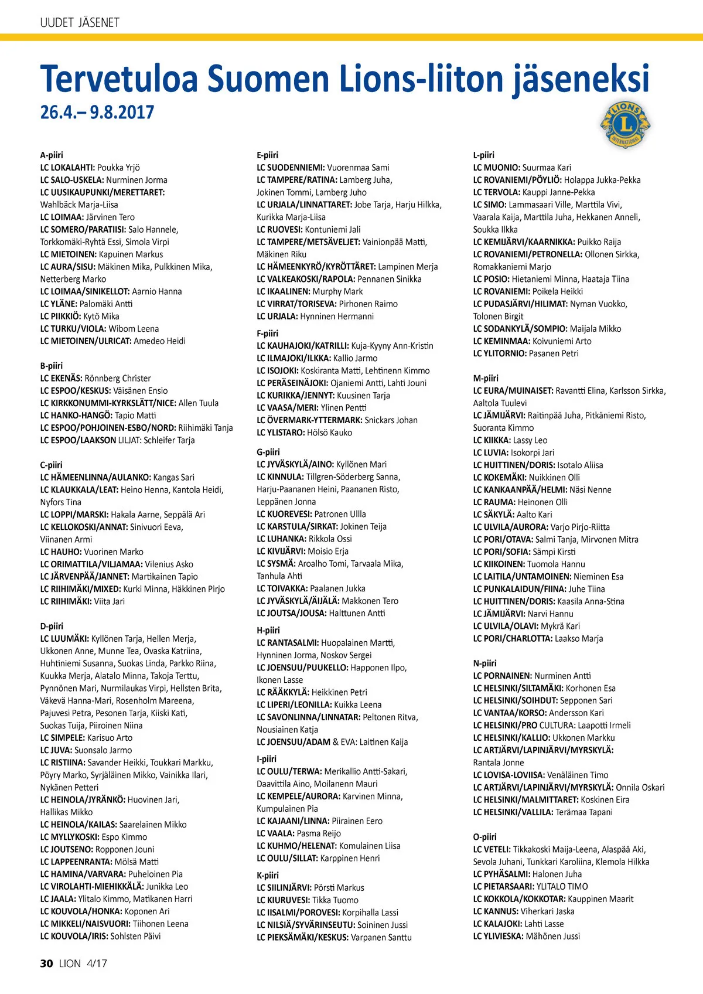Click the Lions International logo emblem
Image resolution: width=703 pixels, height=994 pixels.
coord(625,124)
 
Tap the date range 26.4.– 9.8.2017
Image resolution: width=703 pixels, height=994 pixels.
coord(97,112)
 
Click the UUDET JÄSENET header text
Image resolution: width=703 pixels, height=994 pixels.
coord(80,23)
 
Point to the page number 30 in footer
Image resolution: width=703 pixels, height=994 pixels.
coord(47,964)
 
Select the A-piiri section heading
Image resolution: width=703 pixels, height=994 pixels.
coord(52,155)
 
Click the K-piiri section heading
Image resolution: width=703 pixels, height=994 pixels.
coord(268,875)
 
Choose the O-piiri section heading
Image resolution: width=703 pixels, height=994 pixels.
coord(484,837)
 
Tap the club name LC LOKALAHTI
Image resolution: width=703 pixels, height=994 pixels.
coord(67,168)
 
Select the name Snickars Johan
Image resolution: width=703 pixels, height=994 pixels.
coord(391,420)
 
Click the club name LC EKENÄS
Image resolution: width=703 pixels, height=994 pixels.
coord(62,379)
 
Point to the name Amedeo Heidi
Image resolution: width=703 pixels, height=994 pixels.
coord(159,341)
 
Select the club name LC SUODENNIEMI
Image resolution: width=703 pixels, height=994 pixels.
coord(291,168)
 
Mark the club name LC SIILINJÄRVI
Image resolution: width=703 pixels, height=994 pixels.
coord(284,888)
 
